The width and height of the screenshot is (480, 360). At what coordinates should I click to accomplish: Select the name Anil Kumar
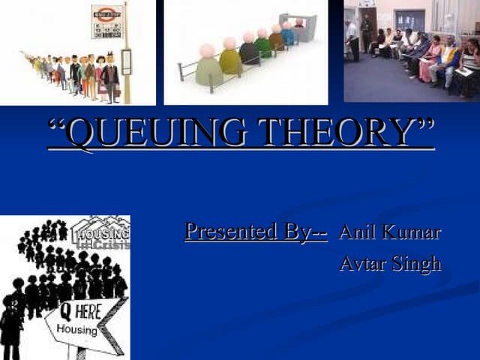click(x=389, y=232)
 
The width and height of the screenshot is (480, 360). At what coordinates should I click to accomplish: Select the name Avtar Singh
click(x=389, y=264)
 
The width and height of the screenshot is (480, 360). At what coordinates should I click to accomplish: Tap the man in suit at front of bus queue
click(x=110, y=78)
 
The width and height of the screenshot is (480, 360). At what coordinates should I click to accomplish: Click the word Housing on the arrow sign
click(x=77, y=331)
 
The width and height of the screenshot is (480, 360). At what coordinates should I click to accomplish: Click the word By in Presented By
click(x=307, y=231)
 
